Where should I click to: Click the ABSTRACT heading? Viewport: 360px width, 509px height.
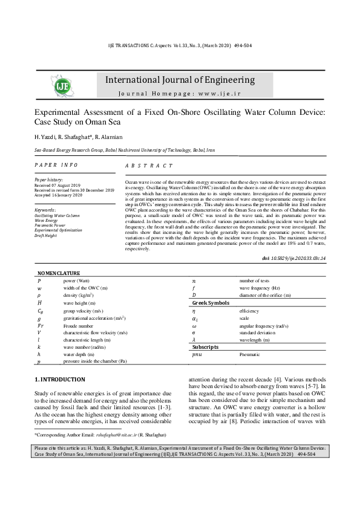(x=148, y=166)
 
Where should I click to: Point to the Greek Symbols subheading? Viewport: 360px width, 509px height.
(x=211, y=302)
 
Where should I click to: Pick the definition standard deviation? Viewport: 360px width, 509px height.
(x=259, y=332)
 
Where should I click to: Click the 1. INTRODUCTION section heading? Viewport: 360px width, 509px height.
(x=60, y=380)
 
